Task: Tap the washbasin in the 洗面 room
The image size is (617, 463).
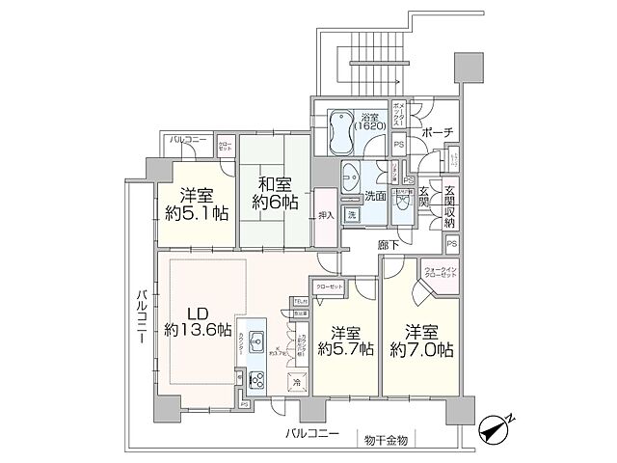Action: click(351, 177)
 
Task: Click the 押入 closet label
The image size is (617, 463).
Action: click(327, 215)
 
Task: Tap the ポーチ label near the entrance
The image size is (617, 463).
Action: click(437, 132)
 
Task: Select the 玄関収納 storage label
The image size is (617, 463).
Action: click(454, 204)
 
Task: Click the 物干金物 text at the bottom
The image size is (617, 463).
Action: click(386, 440)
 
